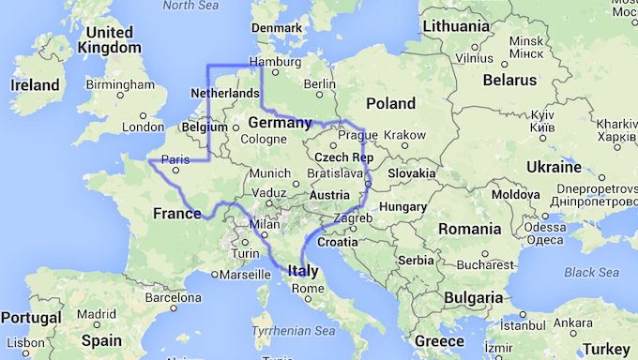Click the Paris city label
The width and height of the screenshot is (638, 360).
pyautogui.click(x=175, y=158)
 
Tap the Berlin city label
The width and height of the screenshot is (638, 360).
pyautogui.click(x=320, y=82)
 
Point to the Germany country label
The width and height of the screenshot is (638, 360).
pyautogui.click(x=280, y=123)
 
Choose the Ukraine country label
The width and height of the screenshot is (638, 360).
pyautogui.click(x=553, y=168)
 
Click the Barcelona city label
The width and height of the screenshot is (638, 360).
pyautogui.click(x=174, y=298)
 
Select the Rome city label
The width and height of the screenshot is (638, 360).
pyautogui.click(x=307, y=288)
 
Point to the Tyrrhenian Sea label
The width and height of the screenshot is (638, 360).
pyautogui.click(x=293, y=330)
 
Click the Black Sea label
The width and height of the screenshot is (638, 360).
pyautogui.click(x=592, y=272)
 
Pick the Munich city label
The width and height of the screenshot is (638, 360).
pyautogui.click(x=270, y=173)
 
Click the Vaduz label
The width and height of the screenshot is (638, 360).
pyautogui.click(x=268, y=193)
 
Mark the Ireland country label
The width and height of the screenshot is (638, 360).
pyautogui.click(x=36, y=85)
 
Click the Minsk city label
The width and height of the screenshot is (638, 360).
pyautogui.click(x=525, y=41)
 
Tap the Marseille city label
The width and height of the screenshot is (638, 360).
pyautogui.click(x=241, y=276)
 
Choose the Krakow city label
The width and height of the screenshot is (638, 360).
pyautogui.click(x=405, y=135)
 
